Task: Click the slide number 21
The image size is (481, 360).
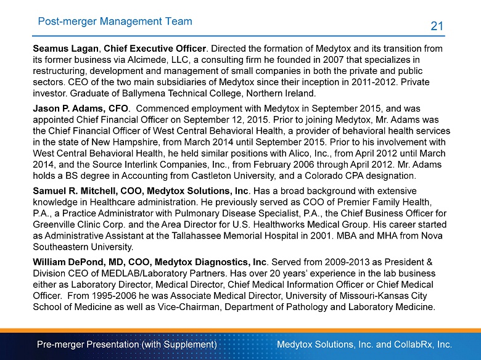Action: click(437, 25)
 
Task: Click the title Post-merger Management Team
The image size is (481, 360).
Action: click(115, 22)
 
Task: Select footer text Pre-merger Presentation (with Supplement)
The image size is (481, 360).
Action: click(126, 343)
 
